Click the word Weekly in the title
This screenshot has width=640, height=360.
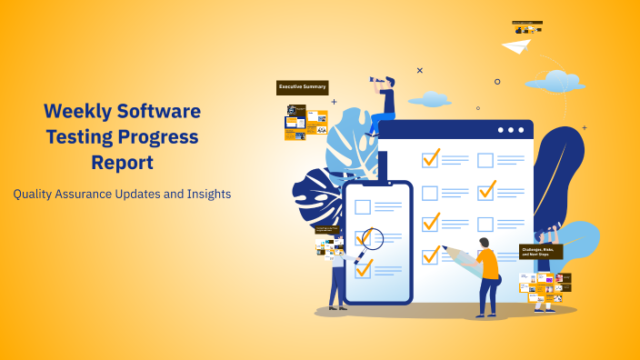(80, 112)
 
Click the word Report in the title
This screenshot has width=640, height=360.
(122, 163)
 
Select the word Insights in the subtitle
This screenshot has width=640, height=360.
(205, 194)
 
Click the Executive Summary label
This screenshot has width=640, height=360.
(302, 87)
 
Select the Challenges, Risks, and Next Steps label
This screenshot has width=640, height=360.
(541, 251)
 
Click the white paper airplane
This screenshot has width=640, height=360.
(515, 45)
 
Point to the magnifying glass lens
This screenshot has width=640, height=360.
(372, 239)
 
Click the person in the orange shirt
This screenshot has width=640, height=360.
(487, 268)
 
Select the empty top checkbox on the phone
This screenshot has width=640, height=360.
(363, 206)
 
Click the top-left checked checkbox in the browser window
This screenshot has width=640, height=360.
(430, 158)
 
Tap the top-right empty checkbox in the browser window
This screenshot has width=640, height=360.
(485, 160)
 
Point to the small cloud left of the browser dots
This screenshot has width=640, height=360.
(429, 99)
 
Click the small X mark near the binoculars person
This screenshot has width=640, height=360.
(419, 70)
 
